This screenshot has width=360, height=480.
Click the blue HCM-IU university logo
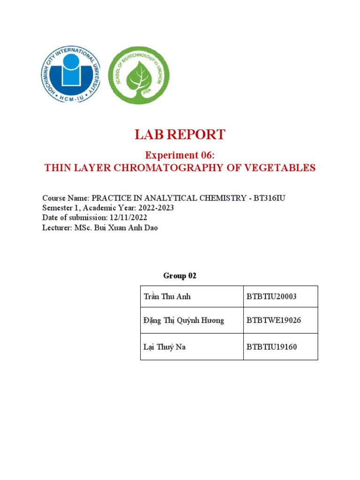tap(71, 74)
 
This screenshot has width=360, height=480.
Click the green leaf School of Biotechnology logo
tap(139, 75)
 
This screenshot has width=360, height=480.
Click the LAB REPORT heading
tap(180, 135)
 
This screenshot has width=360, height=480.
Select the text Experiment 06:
tap(180, 155)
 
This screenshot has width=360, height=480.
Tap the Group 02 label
tap(180, 276)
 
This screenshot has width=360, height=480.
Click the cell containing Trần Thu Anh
tap(167, 297)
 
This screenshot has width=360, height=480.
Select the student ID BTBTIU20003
tap(271, 297)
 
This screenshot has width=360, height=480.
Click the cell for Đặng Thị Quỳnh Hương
tap(184, 321)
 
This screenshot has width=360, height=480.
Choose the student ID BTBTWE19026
tap(273, 321)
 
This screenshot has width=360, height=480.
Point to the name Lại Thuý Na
tap(165, 347)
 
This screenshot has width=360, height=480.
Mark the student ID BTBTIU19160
tap(271, 347)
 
